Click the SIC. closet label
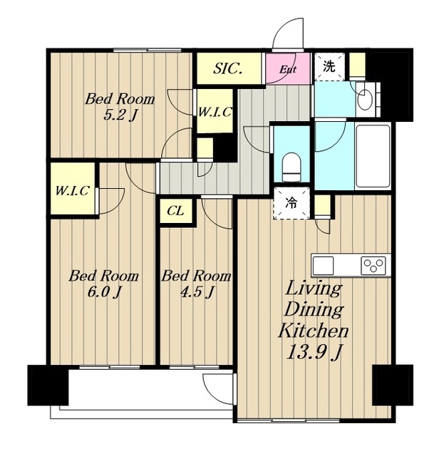pos(228,68)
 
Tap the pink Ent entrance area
pos(288,68)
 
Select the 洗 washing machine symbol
pos(329,66)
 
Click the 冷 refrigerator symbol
pos(291,203)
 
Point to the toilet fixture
pos(291,167)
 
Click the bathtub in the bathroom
pos(373,157)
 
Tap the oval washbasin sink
pos(365,100)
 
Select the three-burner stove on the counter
pos(373,265)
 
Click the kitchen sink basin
pos(323,265)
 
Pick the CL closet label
pos(175,211)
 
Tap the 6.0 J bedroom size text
pos(104,293)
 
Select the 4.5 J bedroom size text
pos(197,292)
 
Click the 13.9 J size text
pos(314,353)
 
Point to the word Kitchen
pos(314,331)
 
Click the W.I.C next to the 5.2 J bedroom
pos(215,112)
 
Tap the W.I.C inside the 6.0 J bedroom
pos(72,191)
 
